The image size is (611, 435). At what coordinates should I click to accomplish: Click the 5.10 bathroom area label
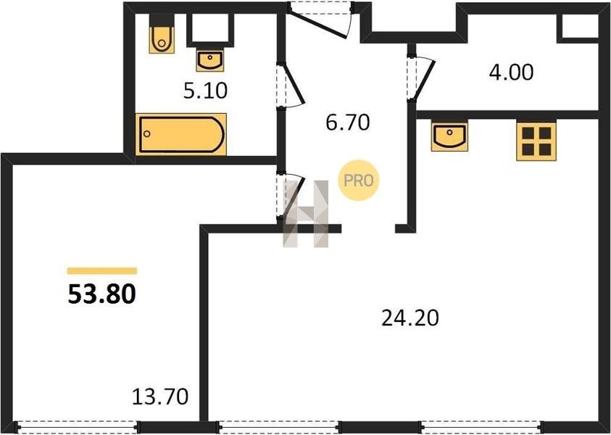[205, 91]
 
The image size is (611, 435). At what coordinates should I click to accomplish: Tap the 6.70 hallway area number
[348, 123]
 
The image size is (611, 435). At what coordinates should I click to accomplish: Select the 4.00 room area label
[511, 73]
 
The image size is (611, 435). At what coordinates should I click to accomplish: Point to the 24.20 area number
[410, 318]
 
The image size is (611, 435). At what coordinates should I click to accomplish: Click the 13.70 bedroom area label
[160, 397]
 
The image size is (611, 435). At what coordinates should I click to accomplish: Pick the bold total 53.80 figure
[101, 294]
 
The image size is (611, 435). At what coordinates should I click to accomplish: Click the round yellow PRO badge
[358, 181]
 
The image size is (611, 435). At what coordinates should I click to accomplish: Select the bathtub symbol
[181, 134]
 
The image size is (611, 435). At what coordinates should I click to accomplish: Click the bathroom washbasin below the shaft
[210, 60]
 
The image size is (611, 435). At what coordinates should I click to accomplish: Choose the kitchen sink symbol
[449, 136]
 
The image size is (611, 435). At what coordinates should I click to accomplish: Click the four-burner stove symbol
[536, 141]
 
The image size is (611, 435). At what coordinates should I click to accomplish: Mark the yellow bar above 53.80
[101, 271]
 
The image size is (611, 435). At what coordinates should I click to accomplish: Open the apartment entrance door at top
[320, 20]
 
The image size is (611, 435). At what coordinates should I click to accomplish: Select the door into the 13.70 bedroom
[290, 196]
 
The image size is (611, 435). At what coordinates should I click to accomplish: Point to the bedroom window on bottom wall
[76, 427]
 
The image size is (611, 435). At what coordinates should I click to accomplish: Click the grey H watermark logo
[306, 214]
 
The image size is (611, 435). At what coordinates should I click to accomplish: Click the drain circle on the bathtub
[146, 133]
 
